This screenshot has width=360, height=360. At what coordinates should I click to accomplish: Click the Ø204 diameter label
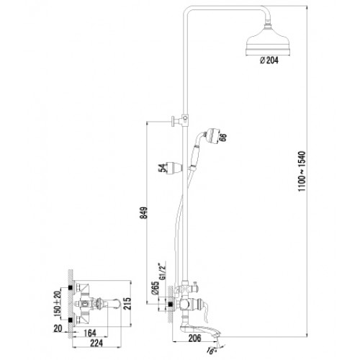269,60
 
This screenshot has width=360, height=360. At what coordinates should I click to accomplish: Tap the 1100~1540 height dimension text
302,171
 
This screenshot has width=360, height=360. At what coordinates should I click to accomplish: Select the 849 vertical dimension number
144,213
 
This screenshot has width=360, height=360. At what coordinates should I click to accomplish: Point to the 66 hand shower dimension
222,138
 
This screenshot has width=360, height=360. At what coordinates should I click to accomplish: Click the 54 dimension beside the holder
163,168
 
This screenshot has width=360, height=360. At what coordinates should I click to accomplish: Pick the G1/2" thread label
163,271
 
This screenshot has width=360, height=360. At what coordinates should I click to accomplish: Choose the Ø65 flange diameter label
156,288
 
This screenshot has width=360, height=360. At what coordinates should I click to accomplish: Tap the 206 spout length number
194,338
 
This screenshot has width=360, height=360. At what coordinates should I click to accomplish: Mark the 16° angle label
211,351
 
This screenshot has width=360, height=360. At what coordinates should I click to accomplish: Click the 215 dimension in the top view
127,304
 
